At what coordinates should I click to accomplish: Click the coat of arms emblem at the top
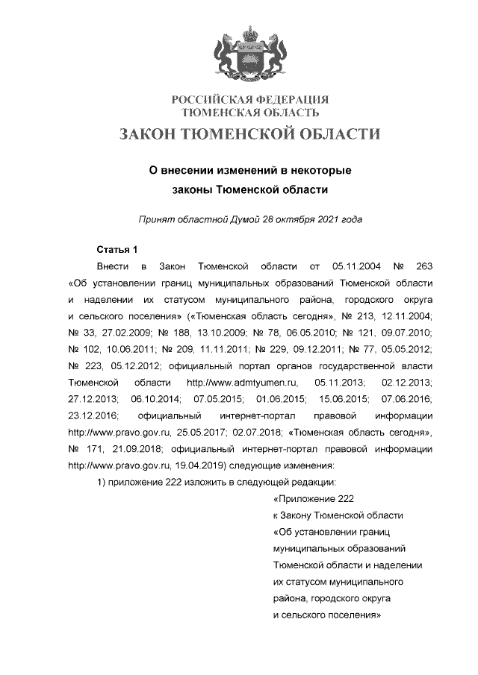click(x=249, y=54)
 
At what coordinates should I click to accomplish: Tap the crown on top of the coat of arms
click(x=249, y=33)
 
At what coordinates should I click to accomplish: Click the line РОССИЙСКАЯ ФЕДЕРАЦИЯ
click(x=250, y=100)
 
